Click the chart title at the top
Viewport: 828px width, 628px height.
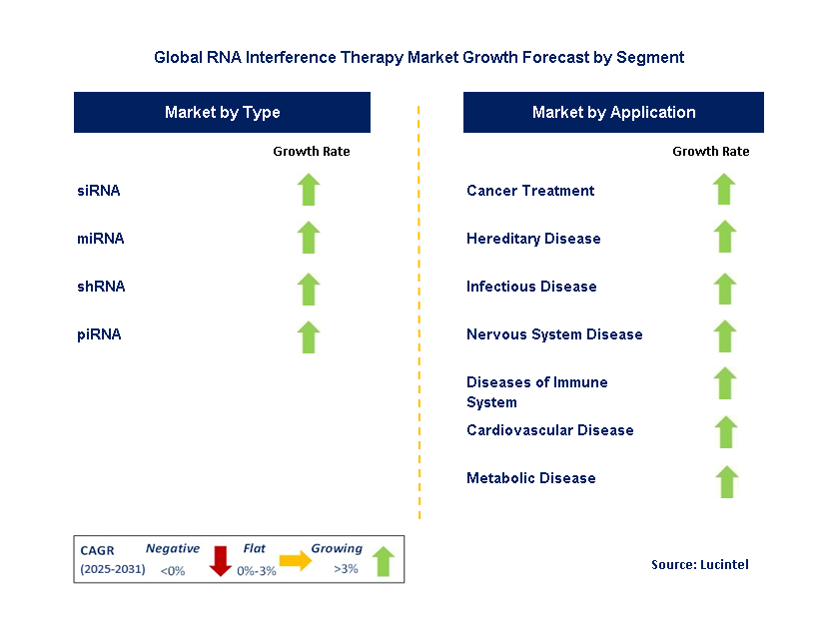coord(418,57)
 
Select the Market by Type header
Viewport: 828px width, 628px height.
coord(222,113)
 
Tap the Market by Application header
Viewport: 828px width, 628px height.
coord(613,113)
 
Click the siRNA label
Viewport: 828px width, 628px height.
coord(99,191)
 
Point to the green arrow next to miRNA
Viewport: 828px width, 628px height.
coord(309,238)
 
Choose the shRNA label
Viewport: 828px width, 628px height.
coord(101,287)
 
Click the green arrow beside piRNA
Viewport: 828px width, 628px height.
coord(309,336)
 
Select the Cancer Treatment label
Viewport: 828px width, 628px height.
coord(530,191)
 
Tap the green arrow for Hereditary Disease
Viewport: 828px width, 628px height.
coord(725,238)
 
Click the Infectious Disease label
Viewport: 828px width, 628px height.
coord(531,287)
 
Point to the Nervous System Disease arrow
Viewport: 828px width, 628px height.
coord(725,336)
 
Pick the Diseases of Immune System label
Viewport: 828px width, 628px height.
coord(536,392)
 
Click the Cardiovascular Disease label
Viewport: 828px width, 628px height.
coord(549,430)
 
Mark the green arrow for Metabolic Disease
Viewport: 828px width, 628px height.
coord(726,481)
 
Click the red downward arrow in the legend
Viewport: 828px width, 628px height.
coord(220,561)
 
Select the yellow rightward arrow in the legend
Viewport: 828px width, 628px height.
coord(296,561)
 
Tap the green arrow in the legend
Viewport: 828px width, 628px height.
coord(383,561)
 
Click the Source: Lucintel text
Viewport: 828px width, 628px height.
coord(699,565)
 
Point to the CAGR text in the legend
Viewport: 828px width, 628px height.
coord(98,549)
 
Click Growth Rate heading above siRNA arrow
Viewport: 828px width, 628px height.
coord(311,152)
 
